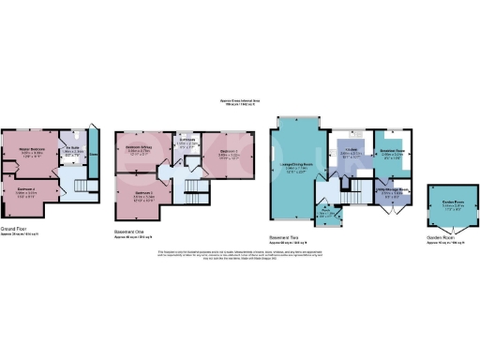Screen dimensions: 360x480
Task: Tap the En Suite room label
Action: tap(71, 147)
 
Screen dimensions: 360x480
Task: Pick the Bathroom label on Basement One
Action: tap(186, 142)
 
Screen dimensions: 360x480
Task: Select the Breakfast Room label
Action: tap(391, 151)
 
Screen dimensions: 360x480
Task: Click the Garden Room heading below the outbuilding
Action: tap(442, 238)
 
